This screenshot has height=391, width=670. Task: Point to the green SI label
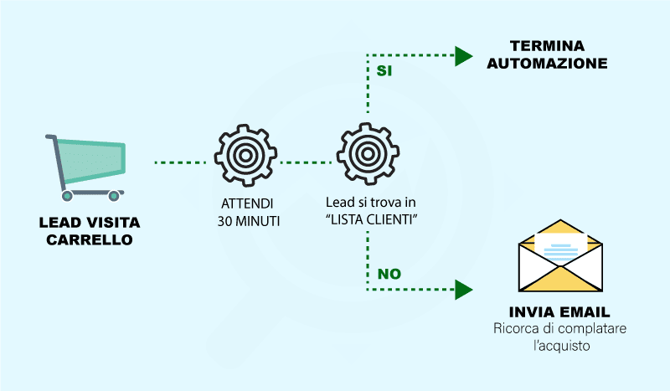tap(384, 71)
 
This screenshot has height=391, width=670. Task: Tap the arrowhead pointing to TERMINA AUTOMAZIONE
tap(464, 56)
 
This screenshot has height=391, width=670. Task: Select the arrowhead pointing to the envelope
tap(464, 291)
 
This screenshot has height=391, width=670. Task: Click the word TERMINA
tap(549, 46)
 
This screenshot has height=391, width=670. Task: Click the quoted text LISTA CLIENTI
tap(371, 219)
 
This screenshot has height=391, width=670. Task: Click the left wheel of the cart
tap(67, 197)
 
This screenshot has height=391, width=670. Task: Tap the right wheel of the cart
tap(114, 197)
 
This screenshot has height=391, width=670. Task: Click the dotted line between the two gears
tap(302, 161)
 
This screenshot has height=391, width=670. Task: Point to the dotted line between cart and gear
tap(179, 161)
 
